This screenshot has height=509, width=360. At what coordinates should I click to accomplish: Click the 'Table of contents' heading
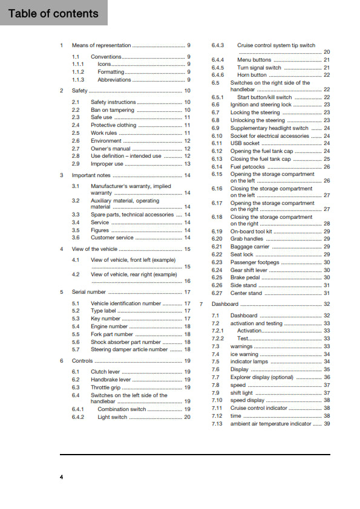pos(53,13)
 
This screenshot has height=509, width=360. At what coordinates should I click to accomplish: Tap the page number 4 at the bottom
pos(62,478)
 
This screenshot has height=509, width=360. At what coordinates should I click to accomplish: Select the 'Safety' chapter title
pos(80,91)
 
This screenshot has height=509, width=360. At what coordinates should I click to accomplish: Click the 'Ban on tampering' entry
pos(113,110)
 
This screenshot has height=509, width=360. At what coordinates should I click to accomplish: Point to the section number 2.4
pos(76,125)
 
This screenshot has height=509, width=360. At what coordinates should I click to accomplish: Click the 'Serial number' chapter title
pos(89,292)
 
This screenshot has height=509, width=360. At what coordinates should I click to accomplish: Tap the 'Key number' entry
pos(105,319)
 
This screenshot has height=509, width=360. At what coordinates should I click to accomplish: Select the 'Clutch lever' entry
pos(105,372)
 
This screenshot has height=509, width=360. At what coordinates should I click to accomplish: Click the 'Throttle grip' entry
pos(106,387)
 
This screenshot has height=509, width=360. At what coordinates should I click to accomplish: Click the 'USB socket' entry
pos(246,143)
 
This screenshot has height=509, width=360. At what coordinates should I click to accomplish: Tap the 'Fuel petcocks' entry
pos(248,166)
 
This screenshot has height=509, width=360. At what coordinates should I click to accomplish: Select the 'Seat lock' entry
pos(242,254)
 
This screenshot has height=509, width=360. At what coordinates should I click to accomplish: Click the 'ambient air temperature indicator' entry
pos(271,424)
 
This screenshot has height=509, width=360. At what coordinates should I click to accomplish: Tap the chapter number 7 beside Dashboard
pos(201,304)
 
